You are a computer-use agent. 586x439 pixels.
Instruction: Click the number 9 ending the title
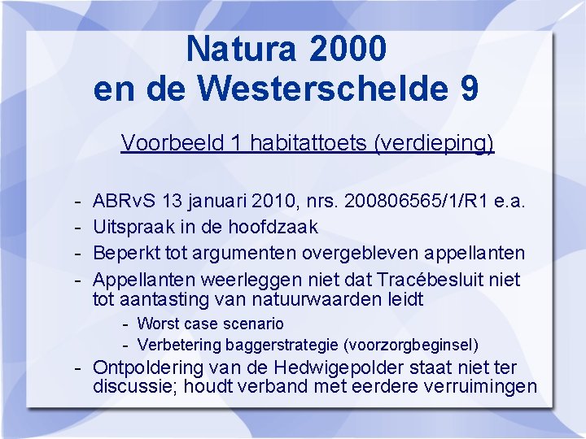469,89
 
